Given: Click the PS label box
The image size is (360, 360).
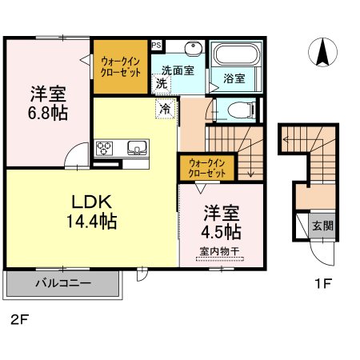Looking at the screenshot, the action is pyautogui.click(x=157, y=45).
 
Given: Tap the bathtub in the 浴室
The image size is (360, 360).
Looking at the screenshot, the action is pyautogui.click(x=237, y=54).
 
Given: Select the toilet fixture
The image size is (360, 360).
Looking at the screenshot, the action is pyautogui.click(x=242, y=110).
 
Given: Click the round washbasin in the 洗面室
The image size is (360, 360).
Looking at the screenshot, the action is pyautogui.click(x=194, y=49).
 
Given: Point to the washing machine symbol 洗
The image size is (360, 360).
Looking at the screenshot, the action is pyautogui.click(x=162, y=83).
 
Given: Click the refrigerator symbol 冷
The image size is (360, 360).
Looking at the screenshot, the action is pyautogui.click(x=165, y=109).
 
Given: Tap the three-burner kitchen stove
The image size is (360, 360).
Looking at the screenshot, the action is pyautogui.click(x=104, y=148).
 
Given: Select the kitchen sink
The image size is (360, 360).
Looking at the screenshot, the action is pyautogui.click(x=137, y=147).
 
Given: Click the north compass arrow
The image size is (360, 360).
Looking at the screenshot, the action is pyautogui.click(x=322, y=52).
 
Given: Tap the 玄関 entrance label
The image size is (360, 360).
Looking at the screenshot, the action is pyautogui.click(x=322, y=226).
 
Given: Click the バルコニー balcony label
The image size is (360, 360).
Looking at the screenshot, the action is pyautogui.click(x=63, y=283).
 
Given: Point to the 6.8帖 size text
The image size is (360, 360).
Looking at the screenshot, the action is pyautogui.click(x=48, y=114).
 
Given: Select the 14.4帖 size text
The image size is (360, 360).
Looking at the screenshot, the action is pyautogui.click(x=91, y=221).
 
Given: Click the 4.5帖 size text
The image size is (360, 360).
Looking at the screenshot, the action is pyautogui.click(x=221, y=232).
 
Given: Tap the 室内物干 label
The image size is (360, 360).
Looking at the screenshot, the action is pyautogui.click(x=219, y=251).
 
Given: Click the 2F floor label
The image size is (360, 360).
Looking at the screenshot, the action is pyautogui.click(x=19, y=319).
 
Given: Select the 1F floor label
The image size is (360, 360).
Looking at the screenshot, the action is pyautogui.click(x=322, y=283).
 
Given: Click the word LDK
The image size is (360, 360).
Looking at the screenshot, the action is pyautogui.click(x=91, y=202).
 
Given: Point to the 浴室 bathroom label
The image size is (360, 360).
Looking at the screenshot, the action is pyautogui.click(x=234, y=78).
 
